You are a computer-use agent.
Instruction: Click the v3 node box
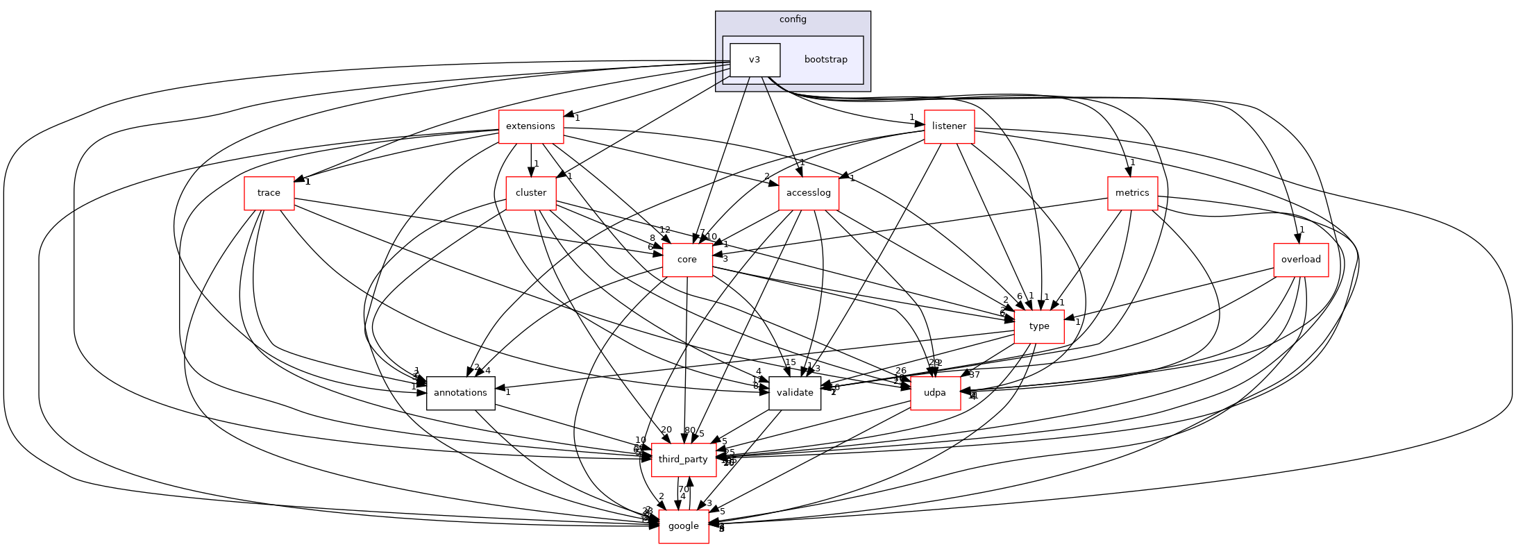point(755,60)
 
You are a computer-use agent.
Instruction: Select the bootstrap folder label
point(825,60)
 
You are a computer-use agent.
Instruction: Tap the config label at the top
point(793,19)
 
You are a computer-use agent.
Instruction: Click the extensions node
point(530,126)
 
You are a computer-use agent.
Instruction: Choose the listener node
point(949,126)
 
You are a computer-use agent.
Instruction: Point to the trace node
point(269,193)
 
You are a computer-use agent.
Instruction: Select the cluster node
point(531,193)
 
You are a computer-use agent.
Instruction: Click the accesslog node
point(809,193)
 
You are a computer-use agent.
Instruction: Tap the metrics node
point(1132,193)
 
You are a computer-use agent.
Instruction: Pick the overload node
point(1301,260)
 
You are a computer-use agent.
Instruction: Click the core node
point(687,260)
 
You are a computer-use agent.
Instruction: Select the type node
point(1039,326)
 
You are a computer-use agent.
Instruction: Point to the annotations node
point(460,393)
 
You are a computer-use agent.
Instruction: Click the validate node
point(795,393)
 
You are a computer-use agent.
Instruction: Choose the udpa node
point(935,393)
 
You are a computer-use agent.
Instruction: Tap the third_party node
point(683,460)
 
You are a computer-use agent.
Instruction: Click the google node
point(683,526)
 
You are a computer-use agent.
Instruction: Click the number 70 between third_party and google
point(684,489)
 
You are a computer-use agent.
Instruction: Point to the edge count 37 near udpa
point(975,375)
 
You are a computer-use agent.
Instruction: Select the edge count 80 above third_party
point(689,430)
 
